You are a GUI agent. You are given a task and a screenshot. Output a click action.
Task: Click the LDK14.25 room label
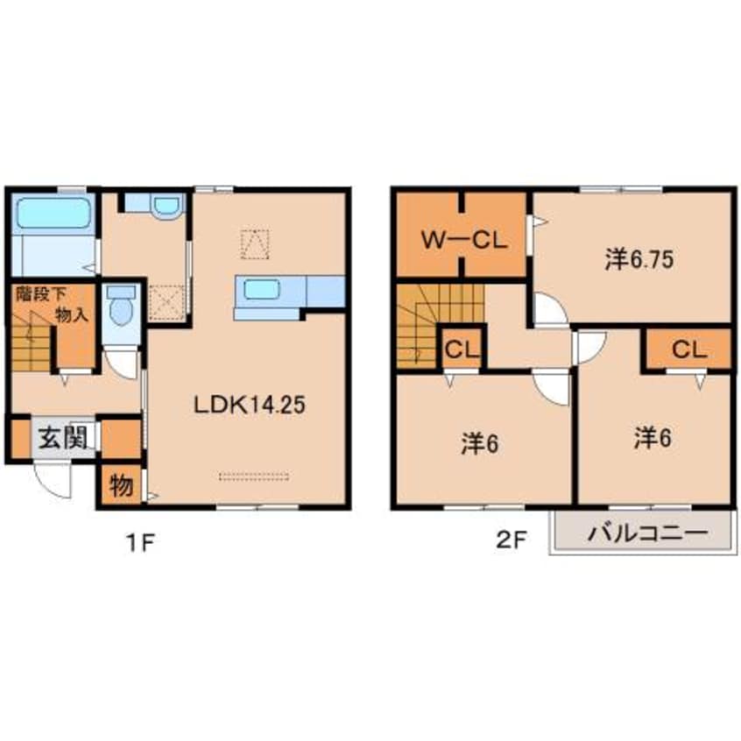[250, 405]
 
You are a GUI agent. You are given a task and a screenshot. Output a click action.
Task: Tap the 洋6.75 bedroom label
[639, 259]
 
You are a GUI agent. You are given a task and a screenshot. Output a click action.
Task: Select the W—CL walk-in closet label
[463, 241]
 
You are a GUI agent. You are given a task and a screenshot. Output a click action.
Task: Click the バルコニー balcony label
[648, 533]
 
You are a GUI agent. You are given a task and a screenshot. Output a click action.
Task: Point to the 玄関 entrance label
[63, 438]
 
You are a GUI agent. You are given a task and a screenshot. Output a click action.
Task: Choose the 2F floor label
[511, 540]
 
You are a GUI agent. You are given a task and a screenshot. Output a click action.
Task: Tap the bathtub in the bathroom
[53, 213]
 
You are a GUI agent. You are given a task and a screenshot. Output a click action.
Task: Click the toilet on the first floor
[121, 307]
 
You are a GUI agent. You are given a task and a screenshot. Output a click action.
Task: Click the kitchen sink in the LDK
[262, 289]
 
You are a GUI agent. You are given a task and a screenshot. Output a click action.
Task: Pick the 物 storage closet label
[121, 485]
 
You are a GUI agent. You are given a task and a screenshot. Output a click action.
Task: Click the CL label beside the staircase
[462, 350]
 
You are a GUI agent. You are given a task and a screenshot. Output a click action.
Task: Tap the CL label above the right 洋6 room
[689, 350]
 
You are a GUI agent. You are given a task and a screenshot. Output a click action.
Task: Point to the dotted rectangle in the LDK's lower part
[254, 476]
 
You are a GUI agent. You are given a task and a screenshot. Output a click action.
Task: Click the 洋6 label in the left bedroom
[480, 444]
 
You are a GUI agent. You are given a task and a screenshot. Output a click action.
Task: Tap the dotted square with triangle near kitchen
[255, 244]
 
